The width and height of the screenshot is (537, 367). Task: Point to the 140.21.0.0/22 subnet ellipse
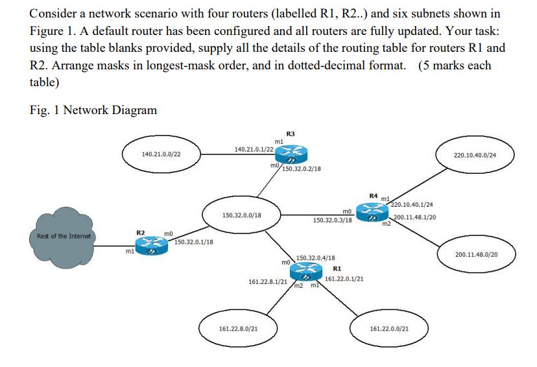pyautogui.click(x=161, y=155)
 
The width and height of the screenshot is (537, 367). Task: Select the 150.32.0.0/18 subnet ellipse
pyautogui.click(x=241, y=213)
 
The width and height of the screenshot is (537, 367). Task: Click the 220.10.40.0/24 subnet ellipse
pyautogui.click(x=475, y=155)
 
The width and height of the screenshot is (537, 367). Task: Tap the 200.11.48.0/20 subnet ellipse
pyautogui.click(x=476, y=255)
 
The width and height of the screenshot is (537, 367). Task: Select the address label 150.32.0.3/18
pyautogui.click(x=333, y=220)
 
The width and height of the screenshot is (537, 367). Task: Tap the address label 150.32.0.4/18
pyautogui.click(x=315, y=258)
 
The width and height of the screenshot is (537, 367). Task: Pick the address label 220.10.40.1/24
pyautogui.click(x=411, y=206)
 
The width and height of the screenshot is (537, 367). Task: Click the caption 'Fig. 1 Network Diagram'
pyautogui.click(x=93, y=110)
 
